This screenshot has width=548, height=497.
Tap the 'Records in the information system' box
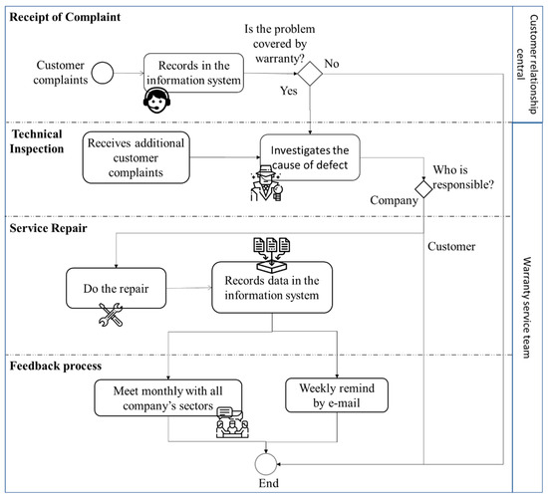click(x=192, y=73)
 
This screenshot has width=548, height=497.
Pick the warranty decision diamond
click(x=312, y=72)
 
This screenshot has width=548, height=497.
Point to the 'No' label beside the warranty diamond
click(x=336, y=63)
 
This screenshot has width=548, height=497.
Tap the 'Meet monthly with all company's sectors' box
click(x=169, y=393)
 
